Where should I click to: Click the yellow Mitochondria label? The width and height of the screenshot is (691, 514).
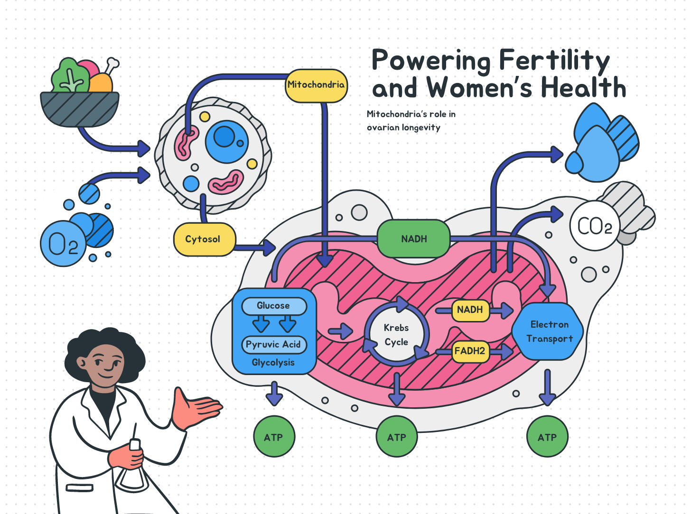[316, 85]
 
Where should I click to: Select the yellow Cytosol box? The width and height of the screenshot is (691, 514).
[204, 239]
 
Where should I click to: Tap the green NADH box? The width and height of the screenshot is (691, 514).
[414, 239]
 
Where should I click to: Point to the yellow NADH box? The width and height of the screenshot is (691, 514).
[470, 310]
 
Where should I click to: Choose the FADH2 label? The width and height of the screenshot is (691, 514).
[470, 351]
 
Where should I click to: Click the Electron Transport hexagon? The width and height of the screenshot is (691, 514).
[549, 331]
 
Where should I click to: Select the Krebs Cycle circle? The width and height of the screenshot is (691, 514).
[396, 335]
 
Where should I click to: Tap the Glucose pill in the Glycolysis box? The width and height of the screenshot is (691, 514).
[273, 306]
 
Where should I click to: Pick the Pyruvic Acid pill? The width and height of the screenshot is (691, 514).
[273, 345]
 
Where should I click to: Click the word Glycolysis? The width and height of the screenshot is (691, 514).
[273, 363]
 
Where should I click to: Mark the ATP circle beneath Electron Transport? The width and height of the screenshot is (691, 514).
[547, 437]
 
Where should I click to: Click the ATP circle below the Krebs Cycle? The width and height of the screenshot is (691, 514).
[397, 437]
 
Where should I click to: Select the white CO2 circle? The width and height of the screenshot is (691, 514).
[594, 226]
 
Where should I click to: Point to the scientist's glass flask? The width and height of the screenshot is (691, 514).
[132, 474]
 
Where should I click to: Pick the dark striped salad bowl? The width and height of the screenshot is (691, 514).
[80, 109]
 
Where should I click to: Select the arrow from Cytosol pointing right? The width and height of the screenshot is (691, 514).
[256, 248]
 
